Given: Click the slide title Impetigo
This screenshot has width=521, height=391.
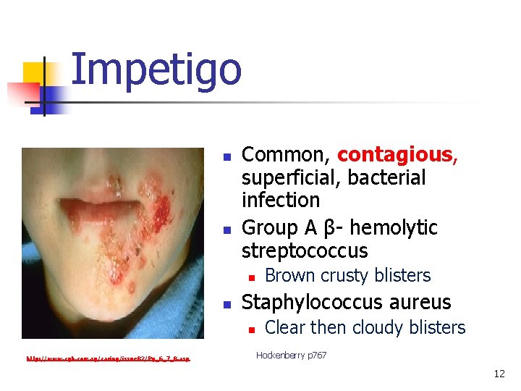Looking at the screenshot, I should (x=156, y=70).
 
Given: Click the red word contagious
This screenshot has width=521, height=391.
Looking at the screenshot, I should (x=395, y=155).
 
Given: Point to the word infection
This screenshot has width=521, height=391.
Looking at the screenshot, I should (x=280, y=201).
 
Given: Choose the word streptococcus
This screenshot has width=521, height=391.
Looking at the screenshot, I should (x=304, y=251).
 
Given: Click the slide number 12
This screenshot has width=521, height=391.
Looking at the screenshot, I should (x=499, y=374).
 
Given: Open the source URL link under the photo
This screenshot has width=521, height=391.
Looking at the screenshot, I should (x=109, y=358).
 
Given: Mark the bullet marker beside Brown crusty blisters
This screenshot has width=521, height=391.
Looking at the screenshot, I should (x=251, y=277).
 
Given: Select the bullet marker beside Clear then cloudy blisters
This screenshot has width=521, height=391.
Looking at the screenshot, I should (x=251, y=329).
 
